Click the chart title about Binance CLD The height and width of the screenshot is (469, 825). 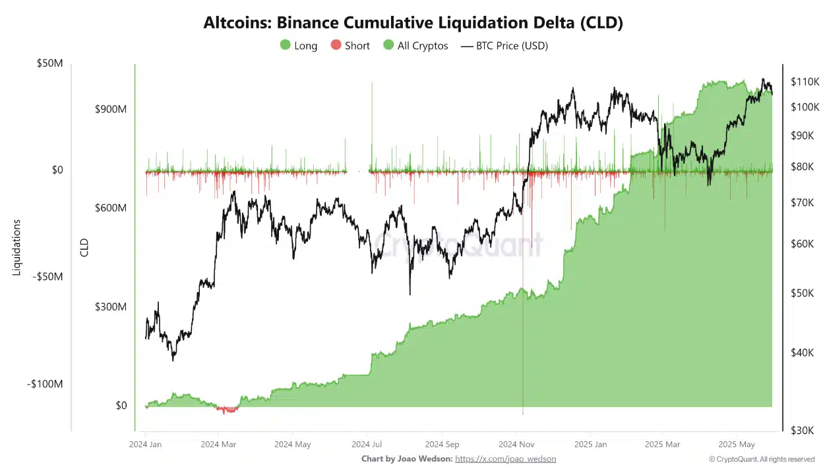(413, 22)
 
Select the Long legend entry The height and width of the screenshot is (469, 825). (299, 46)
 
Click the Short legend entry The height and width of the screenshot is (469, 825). (350, 46)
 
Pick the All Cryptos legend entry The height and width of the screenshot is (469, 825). (415, 46)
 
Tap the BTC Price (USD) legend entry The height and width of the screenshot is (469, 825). (504, 46)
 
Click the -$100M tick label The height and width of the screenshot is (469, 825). (46, 384)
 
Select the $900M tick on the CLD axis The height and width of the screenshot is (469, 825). (111, 109)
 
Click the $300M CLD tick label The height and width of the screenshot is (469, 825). (111, 307)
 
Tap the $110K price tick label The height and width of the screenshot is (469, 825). (804, 82)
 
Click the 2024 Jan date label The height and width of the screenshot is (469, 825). (146, 445)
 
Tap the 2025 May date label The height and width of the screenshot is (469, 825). (737, 445)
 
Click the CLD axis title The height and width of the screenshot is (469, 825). (84, 248)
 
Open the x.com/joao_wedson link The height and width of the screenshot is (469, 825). (505, 458)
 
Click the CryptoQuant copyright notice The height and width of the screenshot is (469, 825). (762, 459)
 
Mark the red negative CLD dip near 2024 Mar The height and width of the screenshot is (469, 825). (228, 410)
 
